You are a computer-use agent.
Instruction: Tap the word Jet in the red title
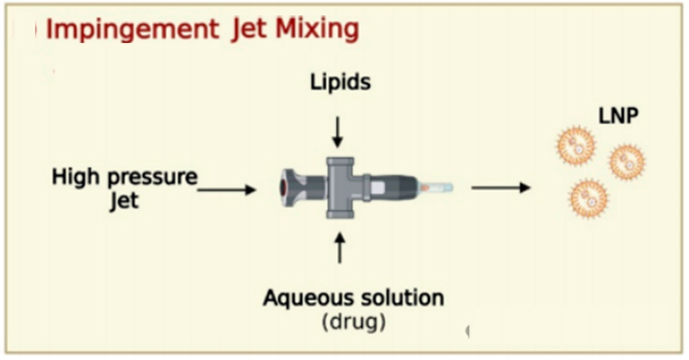pos(248,29)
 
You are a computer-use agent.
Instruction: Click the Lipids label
pos(340,84)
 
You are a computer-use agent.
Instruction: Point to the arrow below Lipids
pos(338,130)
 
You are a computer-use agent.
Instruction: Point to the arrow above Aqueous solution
pos(338,247)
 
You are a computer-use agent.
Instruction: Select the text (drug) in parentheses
pos(353,324)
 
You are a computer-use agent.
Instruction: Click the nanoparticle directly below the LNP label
pos(626,161)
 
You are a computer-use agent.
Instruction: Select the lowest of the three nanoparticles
pos(588,196)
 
